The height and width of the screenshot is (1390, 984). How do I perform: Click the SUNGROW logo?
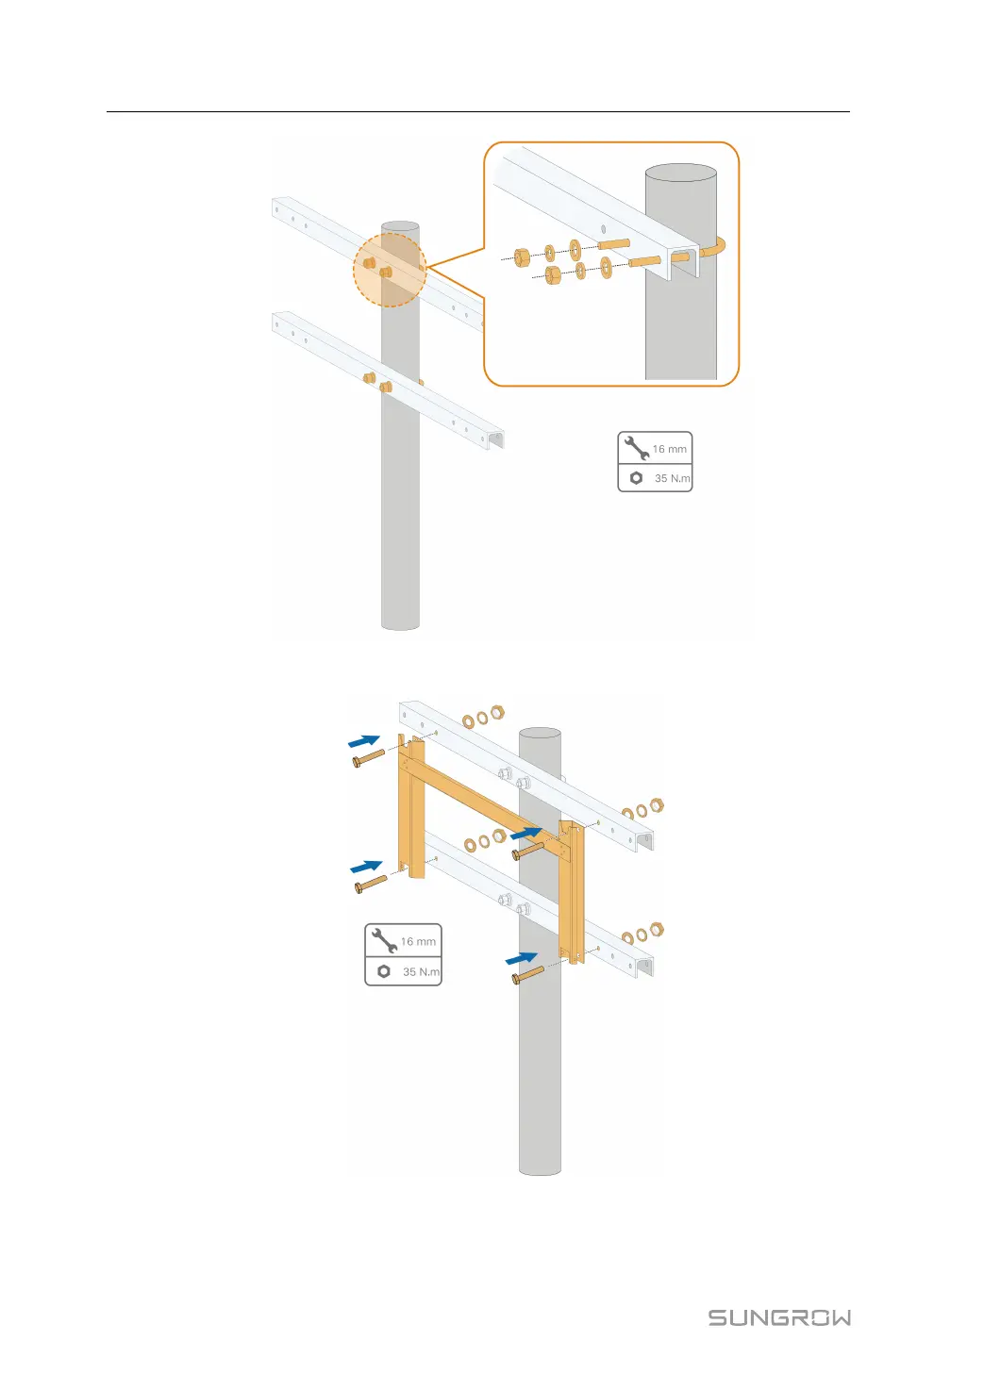(779, 1317)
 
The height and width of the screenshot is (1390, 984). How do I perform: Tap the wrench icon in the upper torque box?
(637, 448)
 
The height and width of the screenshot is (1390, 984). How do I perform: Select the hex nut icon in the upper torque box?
(636, 478)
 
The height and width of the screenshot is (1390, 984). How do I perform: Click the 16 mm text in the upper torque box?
(670, 449)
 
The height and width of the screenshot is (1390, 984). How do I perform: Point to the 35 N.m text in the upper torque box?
(672, 478)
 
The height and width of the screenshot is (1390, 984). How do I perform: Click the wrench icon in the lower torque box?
(384, 940)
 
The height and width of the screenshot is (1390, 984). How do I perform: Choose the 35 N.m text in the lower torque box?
(421, 971)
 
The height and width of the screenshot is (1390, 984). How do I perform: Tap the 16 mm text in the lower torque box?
(418, 941)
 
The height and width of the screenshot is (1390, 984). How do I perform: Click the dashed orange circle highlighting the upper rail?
(390, 270)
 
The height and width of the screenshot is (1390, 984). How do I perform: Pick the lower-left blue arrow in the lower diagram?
(365, 866)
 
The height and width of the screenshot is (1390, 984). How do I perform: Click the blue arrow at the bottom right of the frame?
(522, 957)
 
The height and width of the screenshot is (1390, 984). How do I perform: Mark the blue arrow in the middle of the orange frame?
(525, 834)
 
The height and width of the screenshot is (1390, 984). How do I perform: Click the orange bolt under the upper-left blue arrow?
(368, 757)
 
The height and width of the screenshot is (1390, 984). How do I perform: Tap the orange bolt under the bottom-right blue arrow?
(527, 975)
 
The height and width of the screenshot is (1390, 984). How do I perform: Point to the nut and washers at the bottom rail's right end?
(642, 935)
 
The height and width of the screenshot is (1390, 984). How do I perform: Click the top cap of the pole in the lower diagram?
(540, 733)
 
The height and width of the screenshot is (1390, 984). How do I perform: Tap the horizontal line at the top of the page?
(477, 112)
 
